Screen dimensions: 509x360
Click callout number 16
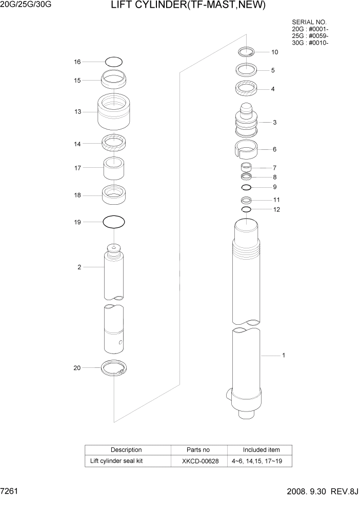pos(77,62)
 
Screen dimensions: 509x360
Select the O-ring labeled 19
pos(113,222)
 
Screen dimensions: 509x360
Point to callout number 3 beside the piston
pos(274,123)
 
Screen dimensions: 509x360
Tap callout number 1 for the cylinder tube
pos(283,355)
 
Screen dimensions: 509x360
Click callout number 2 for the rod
pos(79,267)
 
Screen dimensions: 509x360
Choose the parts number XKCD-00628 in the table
pos(200,461)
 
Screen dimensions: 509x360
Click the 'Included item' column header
pos(261,450)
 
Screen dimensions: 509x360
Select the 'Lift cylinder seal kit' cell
pos(116,461)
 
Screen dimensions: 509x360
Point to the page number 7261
pos(10,492)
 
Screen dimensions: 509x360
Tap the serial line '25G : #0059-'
pos(310,36)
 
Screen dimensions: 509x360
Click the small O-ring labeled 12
pos(246,209)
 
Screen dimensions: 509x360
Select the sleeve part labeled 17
pos(114,167)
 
